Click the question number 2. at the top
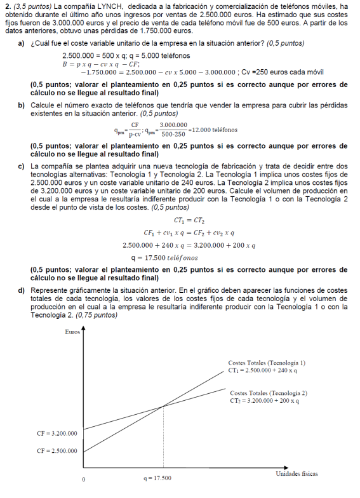pyautogui.click(x=8, y=6)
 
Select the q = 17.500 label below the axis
pyautogui.click(x=157, y=478)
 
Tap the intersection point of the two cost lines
pyautogui.click(x=164, y=406)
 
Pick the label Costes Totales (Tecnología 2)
pyautogui.click(x=269, y=393)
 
